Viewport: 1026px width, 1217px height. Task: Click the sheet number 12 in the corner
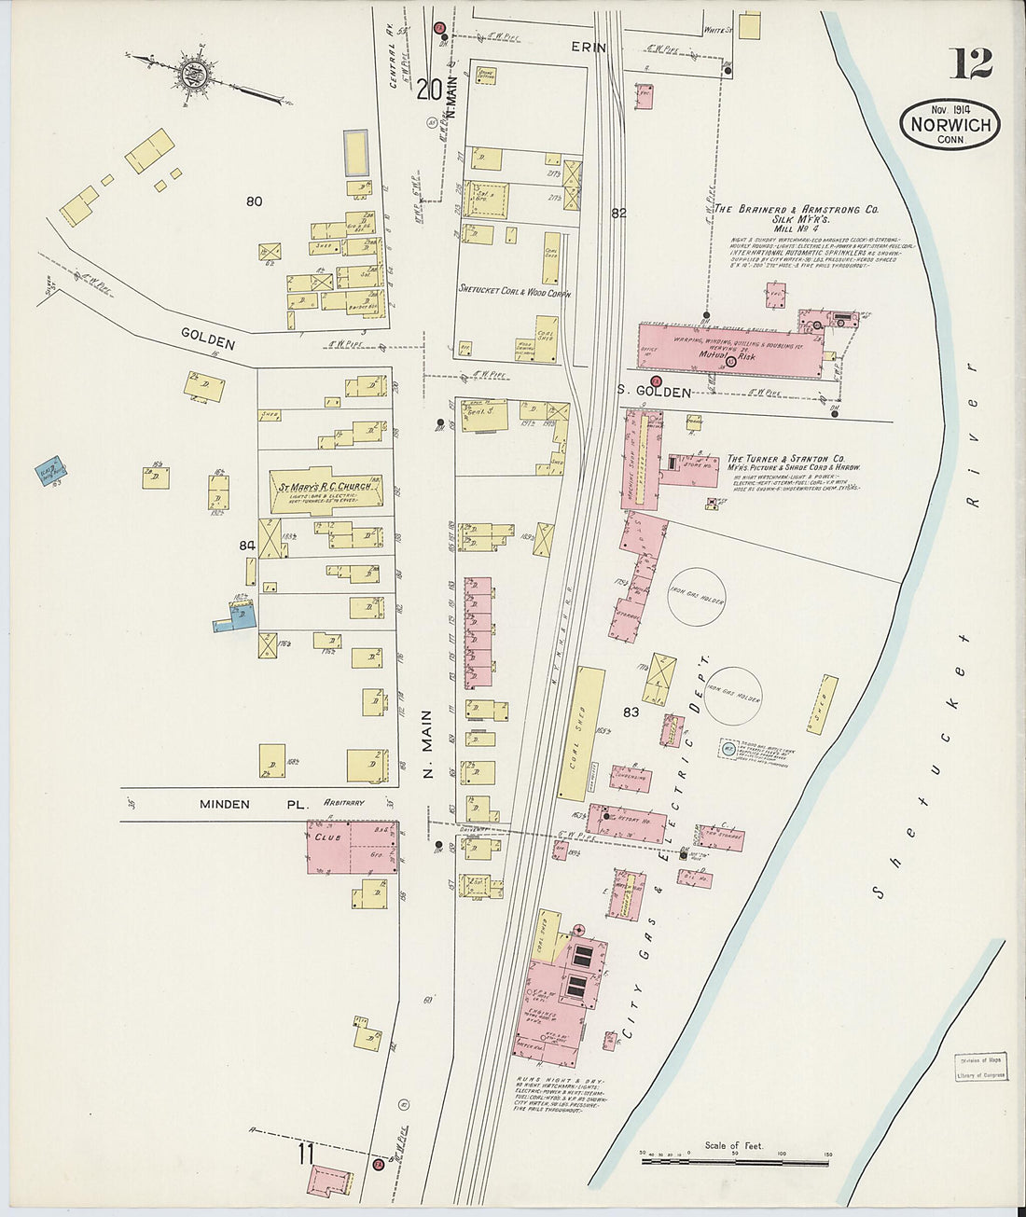(971, 63)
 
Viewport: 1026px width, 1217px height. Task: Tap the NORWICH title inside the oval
(950, 123)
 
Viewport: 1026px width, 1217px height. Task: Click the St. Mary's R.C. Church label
(325, 487)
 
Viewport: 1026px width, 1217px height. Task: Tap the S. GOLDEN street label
(654, 393)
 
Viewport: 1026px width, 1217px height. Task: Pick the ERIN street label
(595, 47)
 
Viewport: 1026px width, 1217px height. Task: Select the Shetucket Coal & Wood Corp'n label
(514, 291)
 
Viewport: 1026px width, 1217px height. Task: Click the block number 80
(254, 201)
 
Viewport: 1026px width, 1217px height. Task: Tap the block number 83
(631, 712)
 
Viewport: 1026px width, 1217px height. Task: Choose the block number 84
(246, 546)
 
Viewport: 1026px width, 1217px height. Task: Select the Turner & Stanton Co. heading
(785, 459)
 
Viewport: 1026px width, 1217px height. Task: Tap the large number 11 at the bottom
(306, 1155)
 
